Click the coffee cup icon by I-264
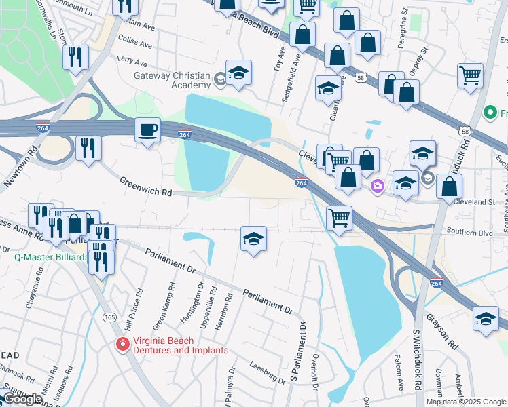pos(147,129)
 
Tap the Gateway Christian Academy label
pos(173,80)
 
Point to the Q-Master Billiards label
pos(52,258)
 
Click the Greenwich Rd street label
pos(146,187)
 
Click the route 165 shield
pos(108,317)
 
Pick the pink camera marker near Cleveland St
pos(377,185)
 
